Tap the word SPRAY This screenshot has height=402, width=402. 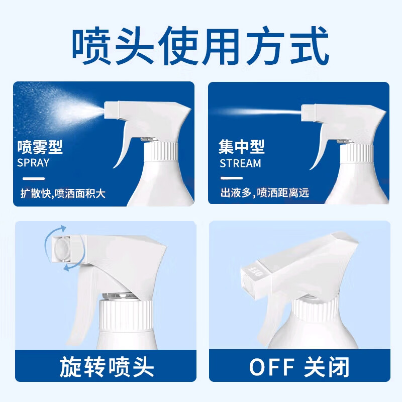tap(34, 163)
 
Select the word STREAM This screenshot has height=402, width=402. tap(240, 163)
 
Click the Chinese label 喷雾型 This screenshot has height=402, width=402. tap(40, 147)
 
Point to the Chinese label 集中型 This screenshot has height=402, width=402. tap(242, 147)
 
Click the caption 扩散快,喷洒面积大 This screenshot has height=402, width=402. tap(63, 193)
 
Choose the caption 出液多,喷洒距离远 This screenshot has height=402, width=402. tap(264, 193)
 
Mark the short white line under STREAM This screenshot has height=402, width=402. tap(232, 178)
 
